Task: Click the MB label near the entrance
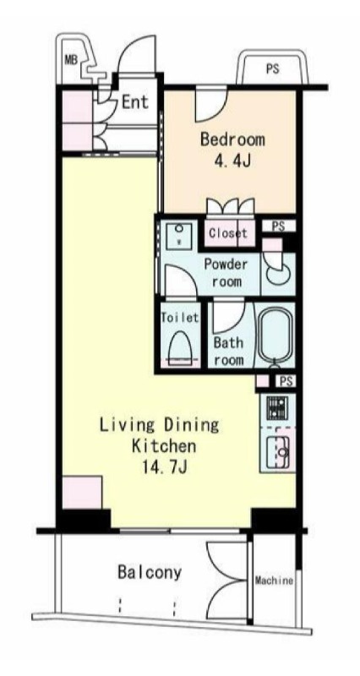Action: tap(71, 59)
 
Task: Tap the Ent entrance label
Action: tap(135, 102)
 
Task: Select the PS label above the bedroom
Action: tap(272, 68)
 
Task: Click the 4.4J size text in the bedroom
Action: tap(232, 161)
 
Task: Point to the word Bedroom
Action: tap(232, 139)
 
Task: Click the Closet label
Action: tap(228, 233)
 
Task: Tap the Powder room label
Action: tap(226, 273)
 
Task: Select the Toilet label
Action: tap(180, 318)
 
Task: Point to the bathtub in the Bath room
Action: tap(276, 334)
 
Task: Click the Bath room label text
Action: tap(228, 352)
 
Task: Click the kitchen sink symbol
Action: tap(278, 451)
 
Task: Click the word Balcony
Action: tap(150, 574)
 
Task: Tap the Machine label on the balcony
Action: tap(274, 581)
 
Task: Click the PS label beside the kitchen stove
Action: tap(286, 382)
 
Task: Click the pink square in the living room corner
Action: tap(82, 493)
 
